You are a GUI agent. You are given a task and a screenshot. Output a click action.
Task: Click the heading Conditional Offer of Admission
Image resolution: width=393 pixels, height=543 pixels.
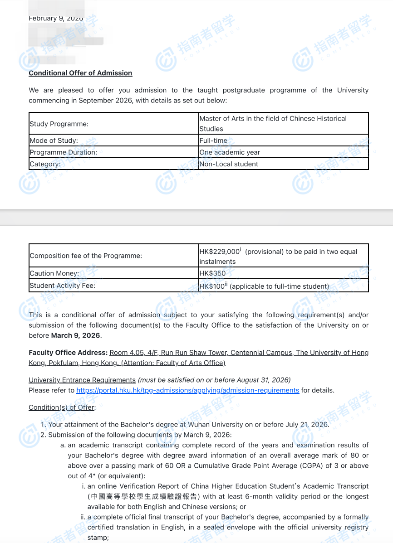[80, 73]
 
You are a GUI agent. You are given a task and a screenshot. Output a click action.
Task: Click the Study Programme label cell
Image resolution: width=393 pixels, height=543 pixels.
[59, 124]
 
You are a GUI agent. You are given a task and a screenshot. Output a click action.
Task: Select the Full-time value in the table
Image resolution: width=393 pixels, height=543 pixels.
[213, 141]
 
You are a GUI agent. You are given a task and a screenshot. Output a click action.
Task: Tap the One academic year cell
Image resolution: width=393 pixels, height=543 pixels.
[230, 152]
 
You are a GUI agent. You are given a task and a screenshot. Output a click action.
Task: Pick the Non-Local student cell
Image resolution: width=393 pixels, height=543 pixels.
[229, 164]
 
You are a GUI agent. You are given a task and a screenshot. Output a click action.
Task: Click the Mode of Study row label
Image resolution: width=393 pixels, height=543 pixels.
[54, 141]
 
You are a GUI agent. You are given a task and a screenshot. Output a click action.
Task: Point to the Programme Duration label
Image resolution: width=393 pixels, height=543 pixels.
[63, 152]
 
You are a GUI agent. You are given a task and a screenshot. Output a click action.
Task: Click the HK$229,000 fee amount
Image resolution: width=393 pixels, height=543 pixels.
[219, 252]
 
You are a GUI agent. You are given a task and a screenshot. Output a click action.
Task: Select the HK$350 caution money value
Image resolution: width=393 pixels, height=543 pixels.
[212, 273]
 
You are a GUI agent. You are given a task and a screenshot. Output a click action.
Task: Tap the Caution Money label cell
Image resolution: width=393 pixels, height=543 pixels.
[54, 273]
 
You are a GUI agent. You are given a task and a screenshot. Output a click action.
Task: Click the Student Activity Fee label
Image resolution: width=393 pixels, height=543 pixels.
[62, 286]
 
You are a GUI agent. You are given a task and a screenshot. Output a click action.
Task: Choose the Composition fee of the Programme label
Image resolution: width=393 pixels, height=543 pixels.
[86, 256]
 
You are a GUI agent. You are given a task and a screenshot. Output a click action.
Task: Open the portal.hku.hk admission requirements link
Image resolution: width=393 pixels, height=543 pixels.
[187, 390]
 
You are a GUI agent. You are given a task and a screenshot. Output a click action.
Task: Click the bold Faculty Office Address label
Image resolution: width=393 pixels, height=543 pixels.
[68, 353]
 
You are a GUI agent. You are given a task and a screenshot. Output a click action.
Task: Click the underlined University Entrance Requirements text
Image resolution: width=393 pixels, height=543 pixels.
[82, 380]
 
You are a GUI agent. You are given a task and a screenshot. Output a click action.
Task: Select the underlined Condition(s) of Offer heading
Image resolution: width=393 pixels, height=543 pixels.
[61, 407]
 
